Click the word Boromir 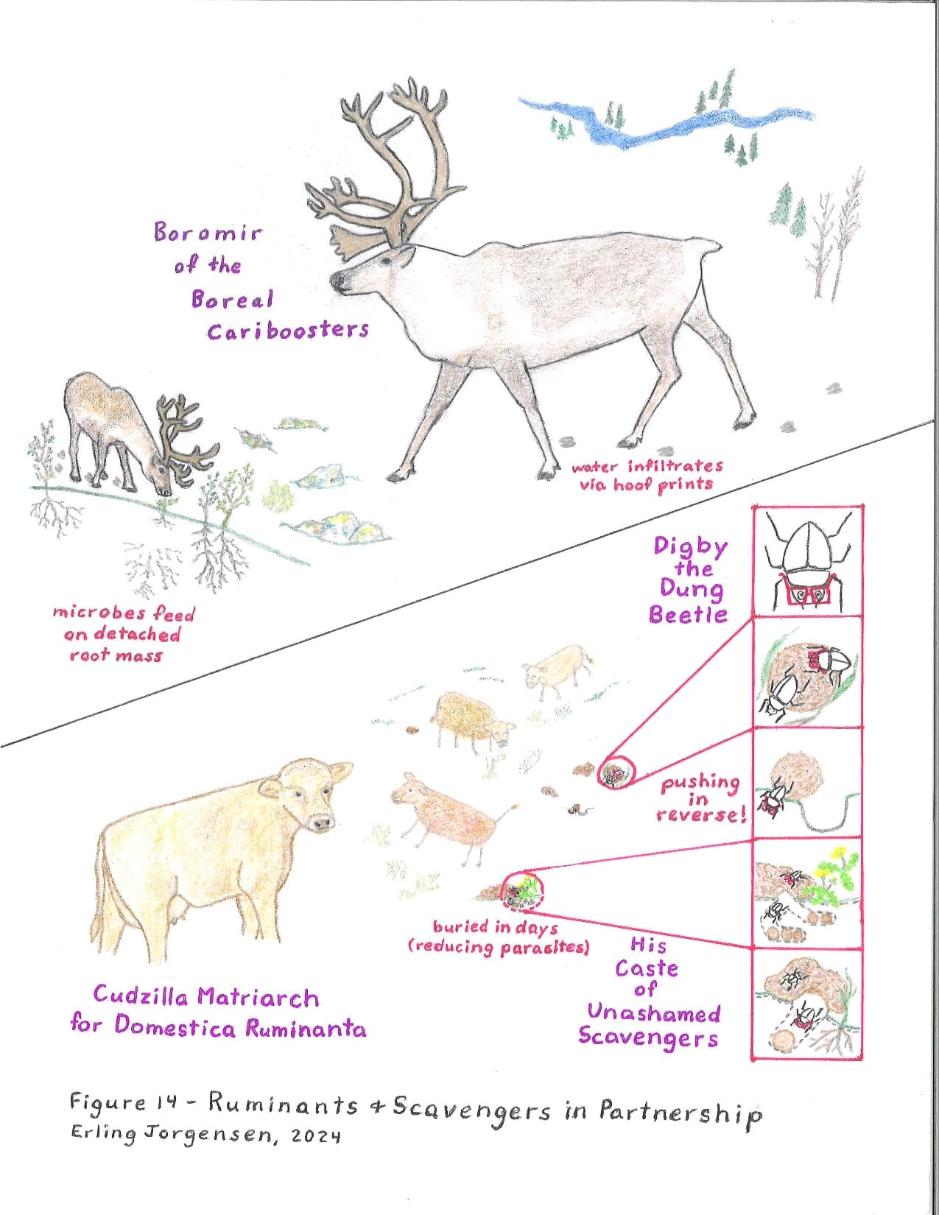208,233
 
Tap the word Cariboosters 288,331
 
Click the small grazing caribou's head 163,475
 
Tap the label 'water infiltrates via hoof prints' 647,475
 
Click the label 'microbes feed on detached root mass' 123,634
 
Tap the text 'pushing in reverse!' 701,799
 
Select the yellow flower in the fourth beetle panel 837,853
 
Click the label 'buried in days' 496,927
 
